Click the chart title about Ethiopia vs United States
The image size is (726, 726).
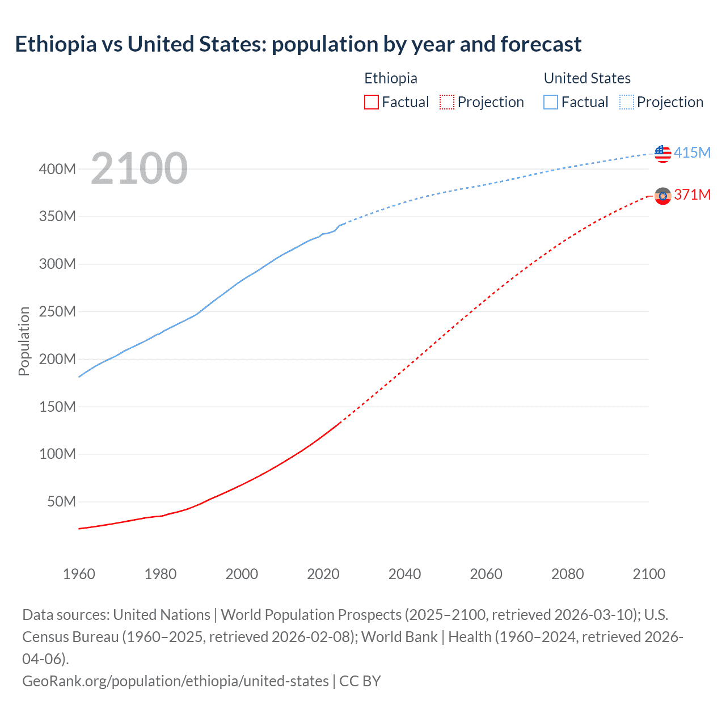coord(298,44)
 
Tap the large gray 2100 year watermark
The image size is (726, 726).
coord(139,168)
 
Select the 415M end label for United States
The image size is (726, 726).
coord(692,153)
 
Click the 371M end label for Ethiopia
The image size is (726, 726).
coord(692,195)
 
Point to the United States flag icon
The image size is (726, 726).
coord(662,153)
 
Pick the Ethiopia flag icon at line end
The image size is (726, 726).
coord(662,196)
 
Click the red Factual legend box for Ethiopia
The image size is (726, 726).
coord(371,102)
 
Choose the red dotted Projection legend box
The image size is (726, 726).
coord(447,102)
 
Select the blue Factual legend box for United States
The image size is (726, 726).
coord(550,102)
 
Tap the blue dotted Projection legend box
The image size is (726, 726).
coord(627,102)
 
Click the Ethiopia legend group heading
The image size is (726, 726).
coord(390,78)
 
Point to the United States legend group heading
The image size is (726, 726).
coord(587,78)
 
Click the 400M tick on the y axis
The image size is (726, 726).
coord(57,169)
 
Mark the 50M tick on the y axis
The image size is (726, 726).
coord(61,501)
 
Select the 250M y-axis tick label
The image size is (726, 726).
coord(57,311)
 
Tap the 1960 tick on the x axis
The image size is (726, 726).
coord(79,574)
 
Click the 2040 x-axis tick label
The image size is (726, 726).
coord(404,574)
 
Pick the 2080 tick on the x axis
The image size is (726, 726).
coord(567,574)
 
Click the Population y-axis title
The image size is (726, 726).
coord(24,341)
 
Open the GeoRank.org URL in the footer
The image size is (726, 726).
coord(175,681)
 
